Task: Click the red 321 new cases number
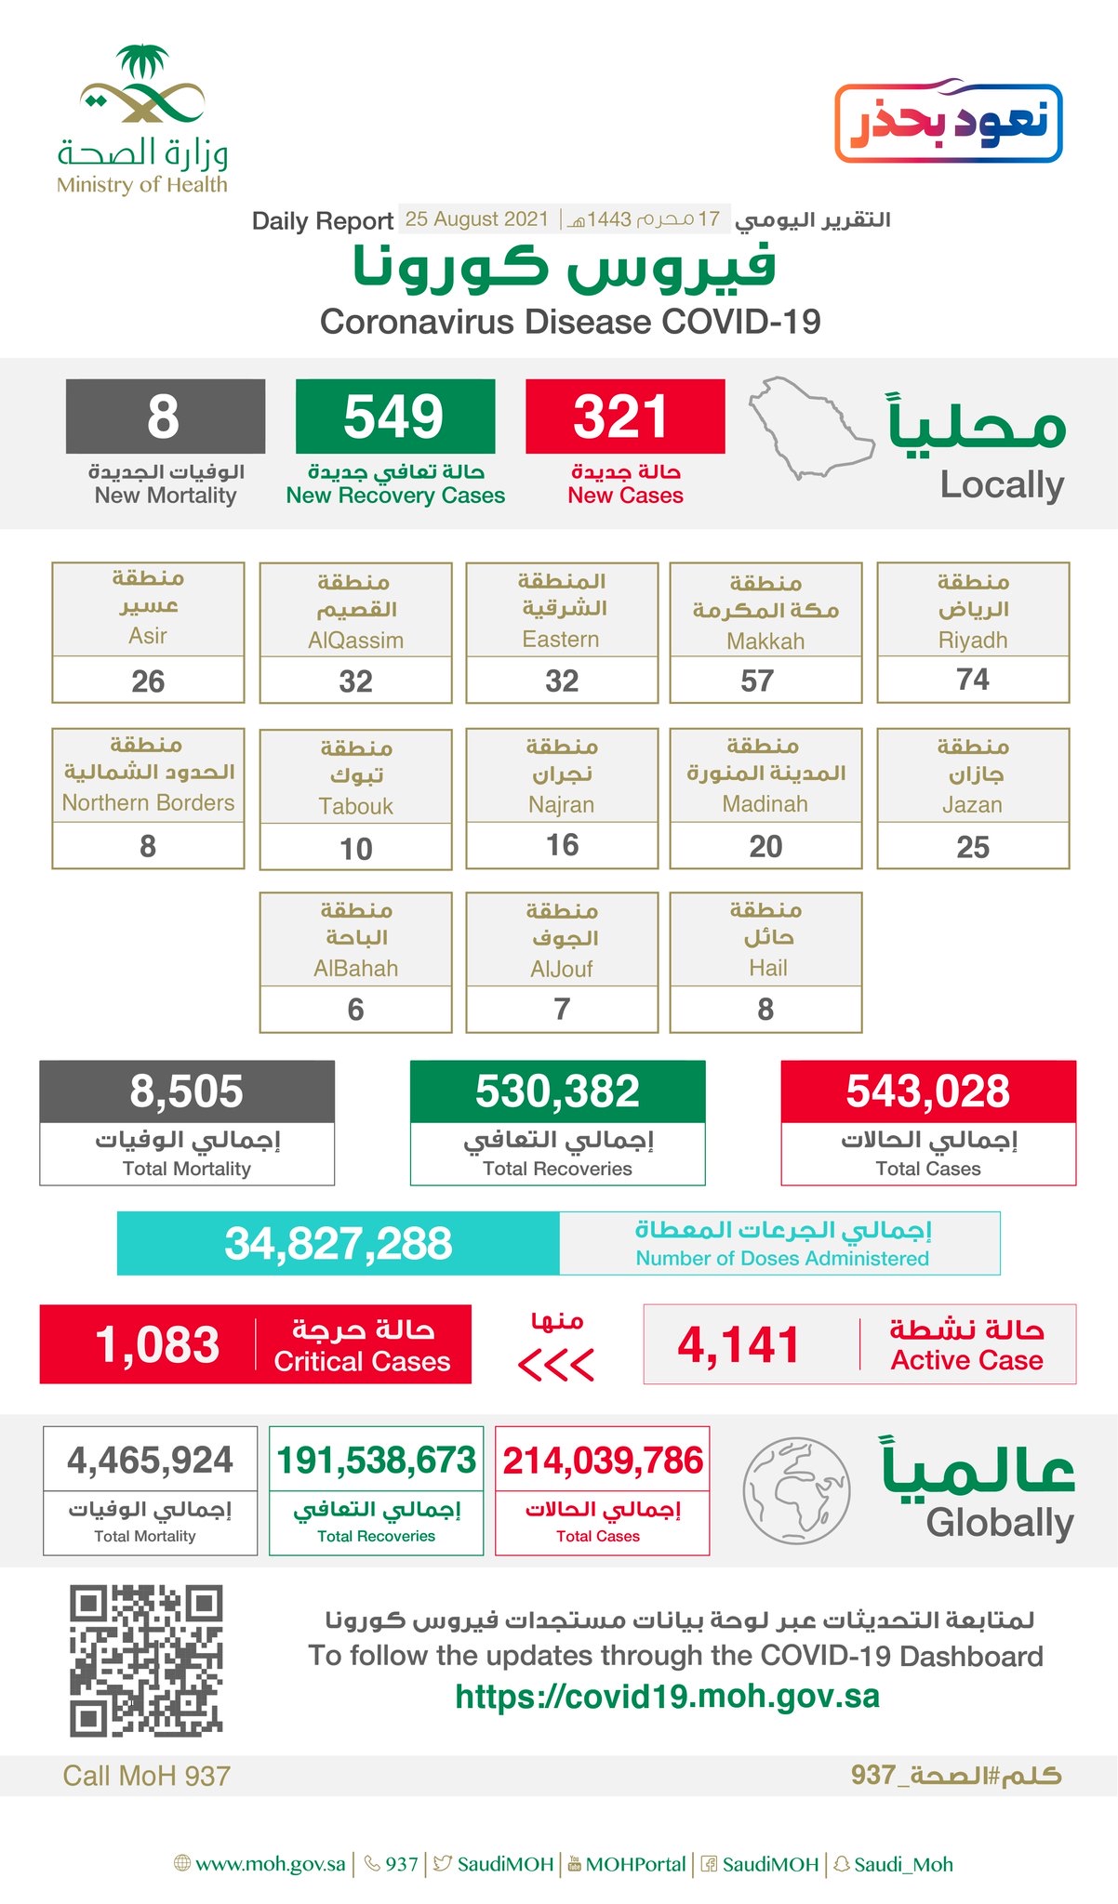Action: [621, 416]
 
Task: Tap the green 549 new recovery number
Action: [393, 416]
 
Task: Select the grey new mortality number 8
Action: [164, 416]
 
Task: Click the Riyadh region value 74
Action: [972, 680]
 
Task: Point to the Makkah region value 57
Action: [757, 681]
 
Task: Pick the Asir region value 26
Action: [148, 681]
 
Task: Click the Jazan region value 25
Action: [973, 847]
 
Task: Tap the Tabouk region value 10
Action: [355, 849]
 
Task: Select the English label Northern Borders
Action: [148, 803]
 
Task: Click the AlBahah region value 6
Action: [355, 1010]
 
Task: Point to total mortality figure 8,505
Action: [186, 1091]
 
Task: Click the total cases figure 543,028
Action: [927, 1091]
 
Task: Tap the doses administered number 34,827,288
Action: [339, 1244]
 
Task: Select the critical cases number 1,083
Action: [157, 1345]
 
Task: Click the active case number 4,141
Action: [739, 1345]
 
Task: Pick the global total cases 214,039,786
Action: [602, 1461]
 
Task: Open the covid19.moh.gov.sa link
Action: [667, 1697]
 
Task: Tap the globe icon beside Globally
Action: [795, 1489]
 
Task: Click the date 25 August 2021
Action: [477, 219]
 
